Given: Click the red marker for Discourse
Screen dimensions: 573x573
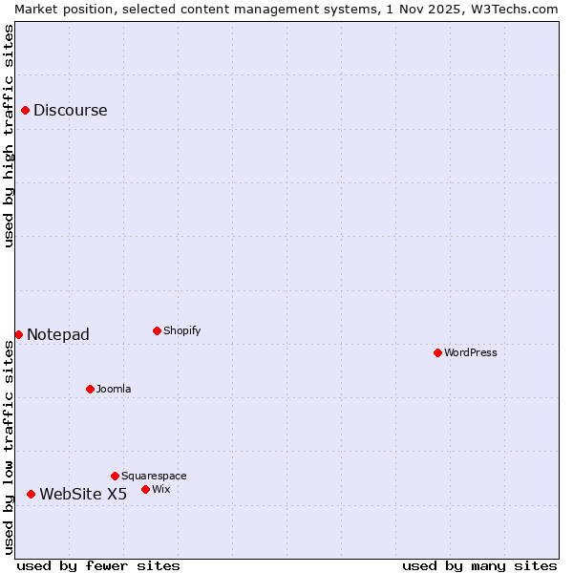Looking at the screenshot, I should coord(25,111).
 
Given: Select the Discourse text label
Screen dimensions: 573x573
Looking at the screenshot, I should coord(70,111).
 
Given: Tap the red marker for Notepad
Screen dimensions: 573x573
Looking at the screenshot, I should coord(18,334).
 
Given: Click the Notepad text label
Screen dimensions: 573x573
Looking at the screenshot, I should coord(57,334).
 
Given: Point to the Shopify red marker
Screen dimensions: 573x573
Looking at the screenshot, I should coord(157,331).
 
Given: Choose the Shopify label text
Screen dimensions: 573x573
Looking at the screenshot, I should coord(181,331).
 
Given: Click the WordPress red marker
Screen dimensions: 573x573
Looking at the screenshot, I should coord(437,353).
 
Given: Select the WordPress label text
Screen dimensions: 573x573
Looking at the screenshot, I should coord(470,353).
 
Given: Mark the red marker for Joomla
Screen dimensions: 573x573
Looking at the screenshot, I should coord(90,389).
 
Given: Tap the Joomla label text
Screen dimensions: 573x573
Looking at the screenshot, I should coord(114,390).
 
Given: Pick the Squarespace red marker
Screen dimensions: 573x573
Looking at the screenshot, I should coord(115,476).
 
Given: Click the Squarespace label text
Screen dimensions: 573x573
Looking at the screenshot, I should coord(154,477).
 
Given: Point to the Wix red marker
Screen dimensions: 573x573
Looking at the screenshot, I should coord(145,489).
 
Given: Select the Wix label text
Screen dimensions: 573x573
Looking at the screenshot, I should coord(161,490).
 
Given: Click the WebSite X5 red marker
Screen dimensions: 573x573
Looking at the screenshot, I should coord(31,494).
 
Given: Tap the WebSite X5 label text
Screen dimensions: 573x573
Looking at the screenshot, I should coord(83,494).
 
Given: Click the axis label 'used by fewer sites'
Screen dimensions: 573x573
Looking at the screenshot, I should coord(98,565).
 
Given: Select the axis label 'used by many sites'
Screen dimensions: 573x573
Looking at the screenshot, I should coord(479,565).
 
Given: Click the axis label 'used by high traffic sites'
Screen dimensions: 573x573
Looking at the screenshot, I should coord(10,136).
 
